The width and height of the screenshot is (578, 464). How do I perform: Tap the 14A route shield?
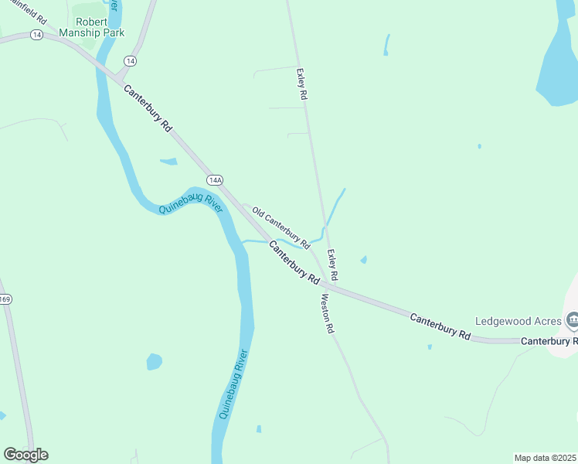pos(215,180)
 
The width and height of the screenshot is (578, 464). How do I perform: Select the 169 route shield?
pos(5,299)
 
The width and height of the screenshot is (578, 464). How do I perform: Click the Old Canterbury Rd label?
pos(280,227)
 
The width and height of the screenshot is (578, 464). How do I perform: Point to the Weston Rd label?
pos(328,314)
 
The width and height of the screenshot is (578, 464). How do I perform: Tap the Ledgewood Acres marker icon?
pos(573,319)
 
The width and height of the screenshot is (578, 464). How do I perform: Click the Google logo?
pos(25,455)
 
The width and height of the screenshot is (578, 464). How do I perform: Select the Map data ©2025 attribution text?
pos(546,457)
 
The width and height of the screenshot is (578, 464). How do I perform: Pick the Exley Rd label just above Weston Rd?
pos(333,265)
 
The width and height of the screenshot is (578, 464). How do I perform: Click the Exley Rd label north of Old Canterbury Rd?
pos(302,84)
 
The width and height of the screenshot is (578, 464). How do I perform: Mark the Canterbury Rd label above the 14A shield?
pos(147,108)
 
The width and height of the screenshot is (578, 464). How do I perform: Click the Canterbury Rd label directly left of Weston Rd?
pos(294,261)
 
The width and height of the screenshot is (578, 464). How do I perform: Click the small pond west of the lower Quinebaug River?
pos(155,361)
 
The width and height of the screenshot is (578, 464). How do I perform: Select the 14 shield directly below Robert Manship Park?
pos(129,60)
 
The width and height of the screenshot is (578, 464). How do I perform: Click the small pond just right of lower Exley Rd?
pos(363,260)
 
